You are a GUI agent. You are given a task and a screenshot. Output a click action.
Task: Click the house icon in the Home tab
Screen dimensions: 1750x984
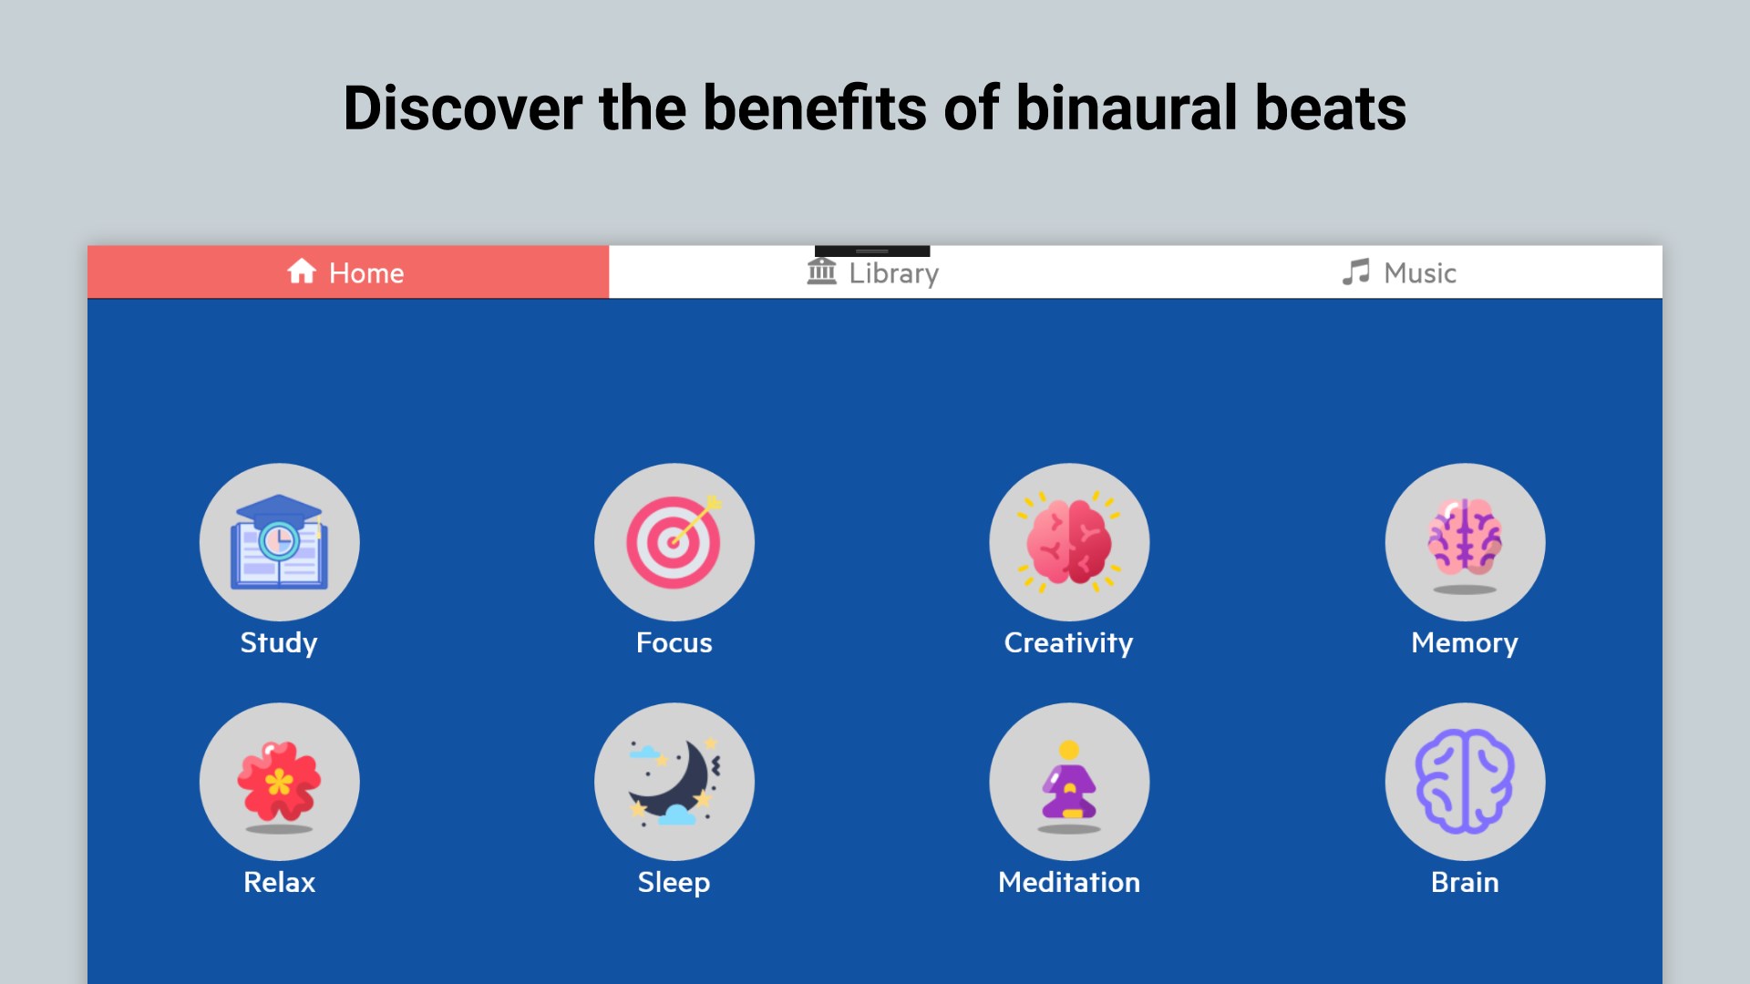[302, 271]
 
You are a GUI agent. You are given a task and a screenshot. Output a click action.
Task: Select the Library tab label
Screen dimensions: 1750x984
[893, 273]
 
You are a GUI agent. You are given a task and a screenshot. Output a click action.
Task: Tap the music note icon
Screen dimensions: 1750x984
[1355, 272]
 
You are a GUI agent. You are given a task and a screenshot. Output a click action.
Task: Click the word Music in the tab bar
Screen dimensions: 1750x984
[1420, 272]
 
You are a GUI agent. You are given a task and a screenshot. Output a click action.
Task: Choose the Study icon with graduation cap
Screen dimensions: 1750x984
[279, 542]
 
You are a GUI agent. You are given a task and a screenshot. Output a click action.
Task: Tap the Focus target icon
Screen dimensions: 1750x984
[674, 542]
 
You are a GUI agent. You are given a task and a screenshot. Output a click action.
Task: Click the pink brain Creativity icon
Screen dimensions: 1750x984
[1069, 542]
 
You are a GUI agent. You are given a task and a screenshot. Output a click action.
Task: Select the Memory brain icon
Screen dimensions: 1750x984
[1465, 542]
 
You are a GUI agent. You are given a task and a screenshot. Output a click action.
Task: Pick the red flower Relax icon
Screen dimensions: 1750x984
[279, 782]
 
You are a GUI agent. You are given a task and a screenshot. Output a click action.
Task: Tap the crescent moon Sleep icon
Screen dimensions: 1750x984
[674, 782]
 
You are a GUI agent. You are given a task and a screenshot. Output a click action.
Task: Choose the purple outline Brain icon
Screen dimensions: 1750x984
[1465, 782]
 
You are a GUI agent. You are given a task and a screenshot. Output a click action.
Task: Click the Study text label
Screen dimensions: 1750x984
[279, 643]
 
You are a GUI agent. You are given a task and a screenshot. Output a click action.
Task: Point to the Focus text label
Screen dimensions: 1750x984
[674, 642]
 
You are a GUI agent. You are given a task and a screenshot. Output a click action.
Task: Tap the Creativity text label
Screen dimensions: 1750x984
[1069, 643]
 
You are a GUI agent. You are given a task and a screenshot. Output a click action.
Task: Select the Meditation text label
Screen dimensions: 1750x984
[1069, 882]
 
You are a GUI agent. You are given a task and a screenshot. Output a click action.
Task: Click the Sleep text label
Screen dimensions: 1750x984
[674, 883]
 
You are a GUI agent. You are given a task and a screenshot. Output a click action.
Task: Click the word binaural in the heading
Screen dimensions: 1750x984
[1127, 108]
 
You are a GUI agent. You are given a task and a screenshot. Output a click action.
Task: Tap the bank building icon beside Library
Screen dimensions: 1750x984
[822, 271]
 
